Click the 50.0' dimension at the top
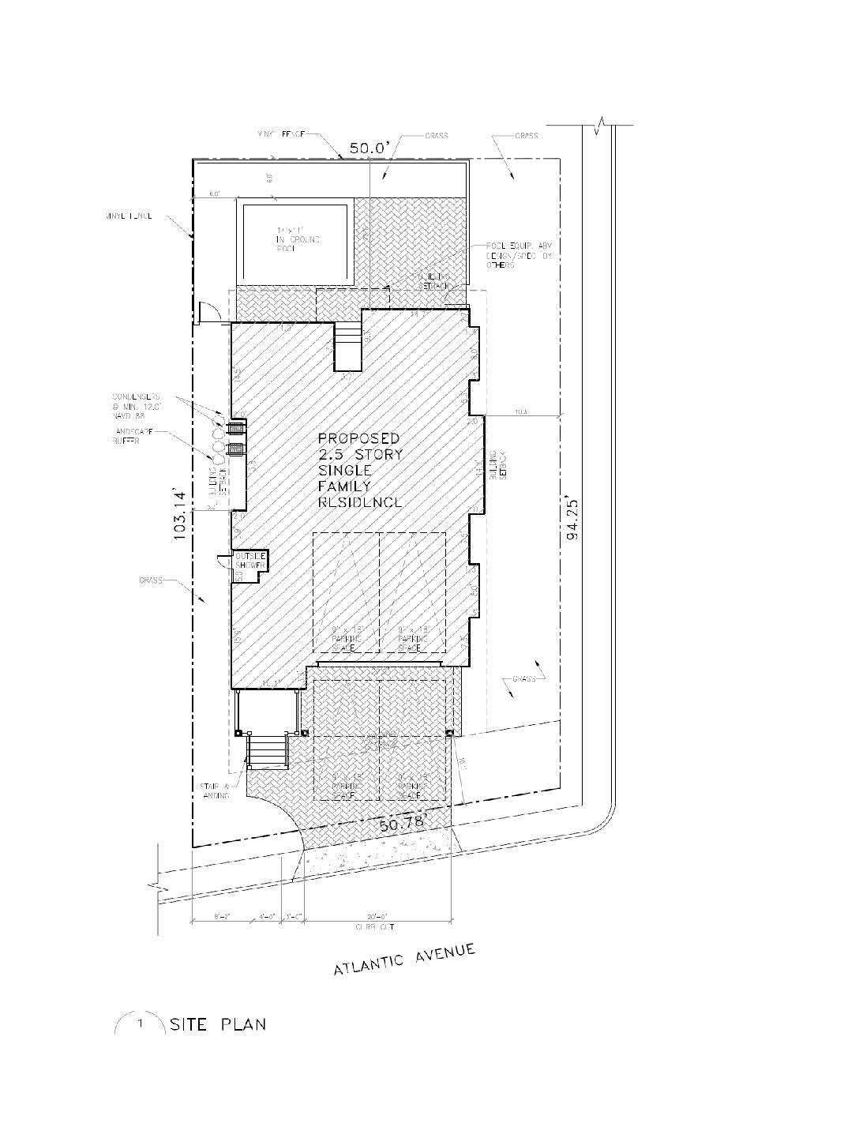(366, 148)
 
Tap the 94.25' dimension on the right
(574, 518)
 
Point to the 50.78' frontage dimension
(402, 824)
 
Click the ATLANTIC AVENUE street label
(403, 958)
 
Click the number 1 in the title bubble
(141, 1025)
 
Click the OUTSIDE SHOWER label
(250, 561)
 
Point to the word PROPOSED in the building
(358, 438)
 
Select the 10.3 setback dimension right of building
(520, 411)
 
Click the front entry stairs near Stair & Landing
(266, 751)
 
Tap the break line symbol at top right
(605, 124)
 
